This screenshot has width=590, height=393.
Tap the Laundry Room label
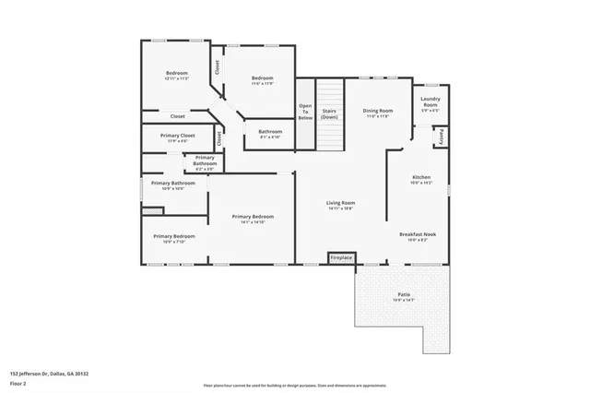click(x=430, y=104)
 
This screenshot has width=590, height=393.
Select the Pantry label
click(x=442, y=137)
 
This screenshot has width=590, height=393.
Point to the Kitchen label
click(x=420, y=180)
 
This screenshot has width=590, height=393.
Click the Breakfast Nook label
click(x=418, y=236)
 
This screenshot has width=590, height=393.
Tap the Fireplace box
click(x=341, y=257)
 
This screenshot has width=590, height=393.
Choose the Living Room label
click(x=340, y=205)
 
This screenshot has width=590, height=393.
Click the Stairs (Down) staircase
click(x=329, y=113)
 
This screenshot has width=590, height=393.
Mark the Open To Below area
click(x=305, y=113)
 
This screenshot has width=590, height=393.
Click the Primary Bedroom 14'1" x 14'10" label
click(x=253, y=219)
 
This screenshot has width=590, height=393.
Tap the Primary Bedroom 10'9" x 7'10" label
click(x=174, y=238)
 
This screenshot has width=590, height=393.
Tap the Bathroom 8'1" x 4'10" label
click(x=270, y=133)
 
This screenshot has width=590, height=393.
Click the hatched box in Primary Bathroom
click(x=152, y=211)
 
